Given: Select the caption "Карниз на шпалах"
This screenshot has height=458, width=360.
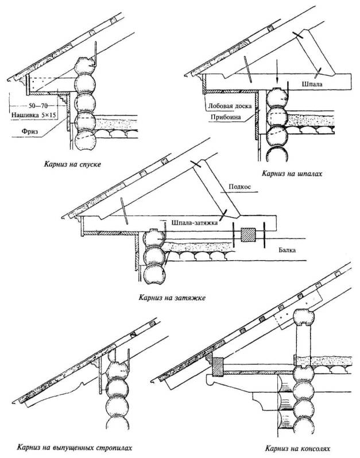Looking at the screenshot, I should pos(289,172).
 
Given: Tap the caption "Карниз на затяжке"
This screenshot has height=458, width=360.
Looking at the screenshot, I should pos(172,298).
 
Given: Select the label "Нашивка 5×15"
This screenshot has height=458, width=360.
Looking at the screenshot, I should pos(35,116).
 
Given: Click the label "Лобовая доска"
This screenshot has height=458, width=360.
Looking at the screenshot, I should pos(229,105).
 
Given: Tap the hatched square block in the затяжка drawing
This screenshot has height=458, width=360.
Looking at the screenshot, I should pos(248,235).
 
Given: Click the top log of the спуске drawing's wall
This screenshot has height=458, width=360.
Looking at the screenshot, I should pos(86,64).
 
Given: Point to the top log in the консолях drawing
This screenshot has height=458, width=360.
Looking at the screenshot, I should pos(303,321).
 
